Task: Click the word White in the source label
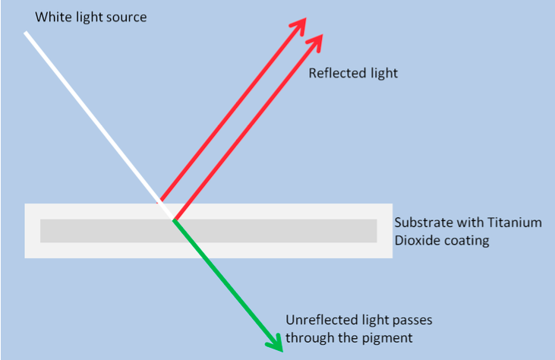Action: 52,16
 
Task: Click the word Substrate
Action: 421,223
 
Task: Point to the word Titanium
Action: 517,223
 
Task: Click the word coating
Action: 465,241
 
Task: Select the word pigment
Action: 388,337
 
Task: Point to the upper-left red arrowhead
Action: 299,24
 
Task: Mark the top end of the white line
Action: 26,33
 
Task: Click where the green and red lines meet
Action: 175,220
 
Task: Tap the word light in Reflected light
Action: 383,74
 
